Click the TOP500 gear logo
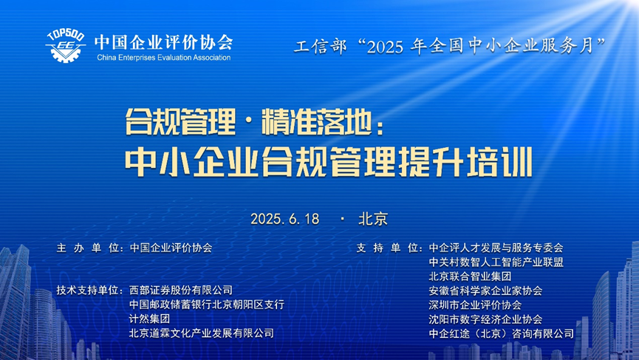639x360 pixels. pos(65,46)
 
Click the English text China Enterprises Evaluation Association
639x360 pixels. pos(164,58)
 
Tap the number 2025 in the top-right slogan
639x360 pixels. pos(385,47)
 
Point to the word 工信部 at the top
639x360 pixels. pos(320,46)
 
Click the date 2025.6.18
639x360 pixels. pos(285,219)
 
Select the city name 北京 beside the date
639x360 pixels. pos(373,219)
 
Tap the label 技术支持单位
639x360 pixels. pos(90,291)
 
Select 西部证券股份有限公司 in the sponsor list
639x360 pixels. pos(181,291)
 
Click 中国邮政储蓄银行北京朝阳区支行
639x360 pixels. pos(207,305)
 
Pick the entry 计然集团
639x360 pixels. pos(149,319)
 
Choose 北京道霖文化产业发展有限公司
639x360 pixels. pos(202,333)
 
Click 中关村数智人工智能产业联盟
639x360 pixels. pos(496,262)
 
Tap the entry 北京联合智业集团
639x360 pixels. pos(470,276)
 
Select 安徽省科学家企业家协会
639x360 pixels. pos(485,291)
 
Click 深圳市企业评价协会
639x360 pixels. pos(475,305)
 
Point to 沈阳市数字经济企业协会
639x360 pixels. pos(485,319)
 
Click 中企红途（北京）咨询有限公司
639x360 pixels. pos(502,333)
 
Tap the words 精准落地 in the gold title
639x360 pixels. pos(317,122)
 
